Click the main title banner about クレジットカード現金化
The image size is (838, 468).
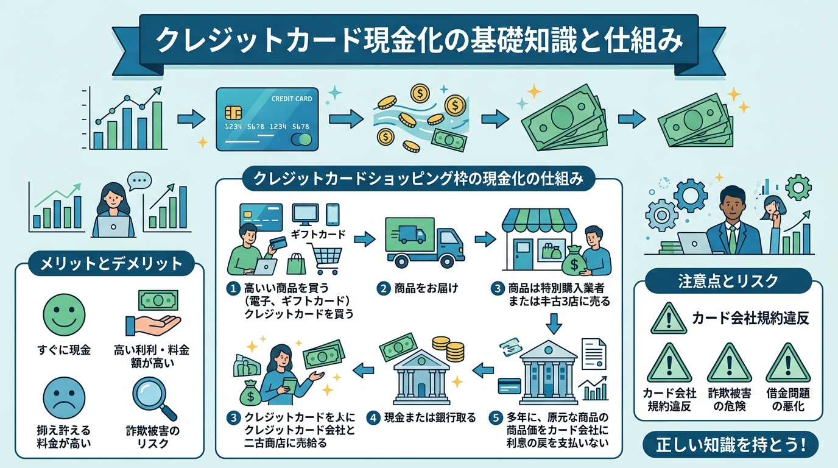(x=419, y=41)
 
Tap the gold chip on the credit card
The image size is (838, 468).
(x=232, y=113)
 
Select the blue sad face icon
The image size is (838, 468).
(x=60, y=394)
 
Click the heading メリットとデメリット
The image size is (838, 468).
(x=111, y=264)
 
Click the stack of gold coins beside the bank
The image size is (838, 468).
(x=454, y=349)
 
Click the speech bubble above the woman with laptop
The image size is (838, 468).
(x=138, y=180)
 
